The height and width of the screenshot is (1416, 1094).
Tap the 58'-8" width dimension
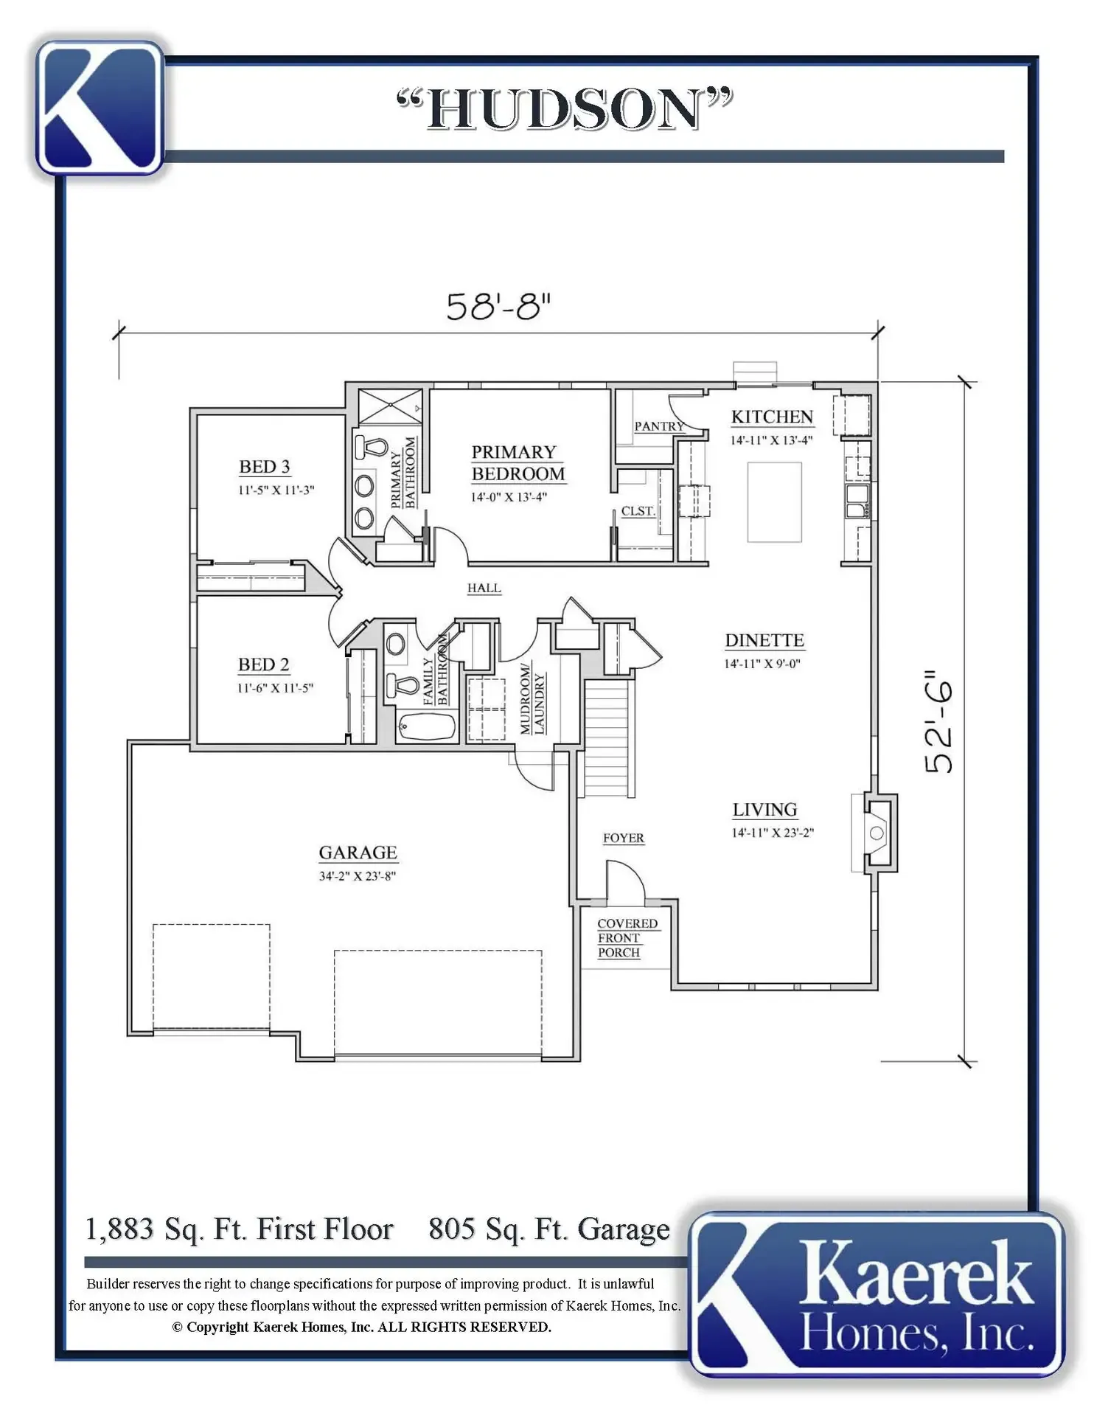click(498, 306)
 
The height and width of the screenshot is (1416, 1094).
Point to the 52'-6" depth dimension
click(939, 722)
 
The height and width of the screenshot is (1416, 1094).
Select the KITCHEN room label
click(772, 417)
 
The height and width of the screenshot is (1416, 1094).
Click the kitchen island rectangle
click(774, 502)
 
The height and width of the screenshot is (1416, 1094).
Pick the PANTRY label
click(659, 426)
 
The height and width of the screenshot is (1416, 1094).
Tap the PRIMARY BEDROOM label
click(518, 462)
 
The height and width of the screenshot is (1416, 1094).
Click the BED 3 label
click(264, 467)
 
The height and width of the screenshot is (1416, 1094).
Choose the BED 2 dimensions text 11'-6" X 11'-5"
click(275, 688)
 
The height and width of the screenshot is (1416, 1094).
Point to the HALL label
click(484, 588)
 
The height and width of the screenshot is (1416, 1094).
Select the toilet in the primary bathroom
click(372, 446)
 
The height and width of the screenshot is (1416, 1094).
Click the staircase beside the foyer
click(609, 737)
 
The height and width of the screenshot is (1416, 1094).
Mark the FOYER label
click(623, 838)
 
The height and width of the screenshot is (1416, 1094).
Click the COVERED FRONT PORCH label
click(627, 938)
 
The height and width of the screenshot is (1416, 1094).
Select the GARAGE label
click(358, 853)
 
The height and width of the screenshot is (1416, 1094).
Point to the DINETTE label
click(764, 640)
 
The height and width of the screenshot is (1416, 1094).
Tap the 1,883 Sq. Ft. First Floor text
click(240, 1229)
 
